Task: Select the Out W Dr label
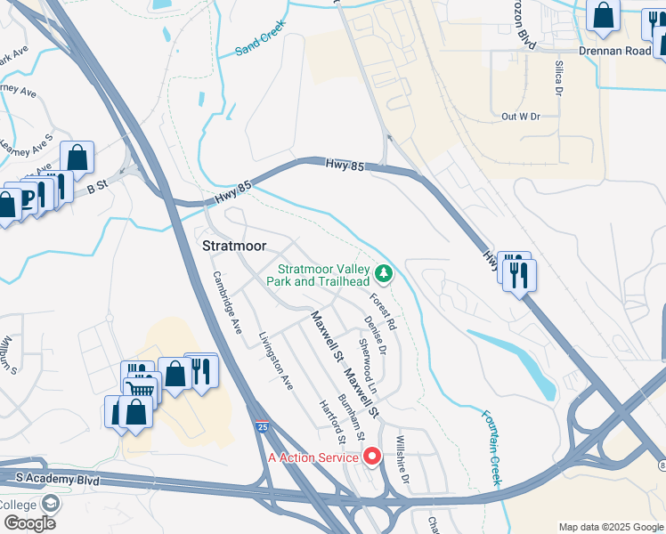521,117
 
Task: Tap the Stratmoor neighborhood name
236,246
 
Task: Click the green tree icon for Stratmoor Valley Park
384,272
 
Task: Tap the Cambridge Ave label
228,301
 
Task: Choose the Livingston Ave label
275,361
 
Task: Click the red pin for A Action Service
373,457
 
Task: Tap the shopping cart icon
141,388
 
